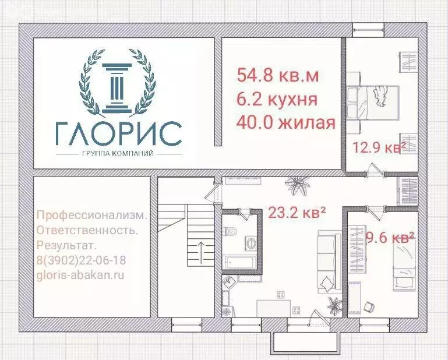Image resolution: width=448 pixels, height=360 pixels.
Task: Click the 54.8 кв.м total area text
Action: coord(278,75)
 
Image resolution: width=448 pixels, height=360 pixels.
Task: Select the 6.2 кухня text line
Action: coord(277,99)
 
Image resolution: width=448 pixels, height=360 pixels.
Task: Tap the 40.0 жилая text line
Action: coord(286,123)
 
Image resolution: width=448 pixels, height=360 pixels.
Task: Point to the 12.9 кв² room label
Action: coord(379,147)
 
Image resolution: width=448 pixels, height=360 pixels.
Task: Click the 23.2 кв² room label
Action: coord(297,213)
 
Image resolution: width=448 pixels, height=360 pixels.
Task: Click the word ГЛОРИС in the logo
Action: coord(119,135)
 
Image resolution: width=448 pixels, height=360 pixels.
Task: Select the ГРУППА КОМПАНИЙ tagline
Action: coord(118,153)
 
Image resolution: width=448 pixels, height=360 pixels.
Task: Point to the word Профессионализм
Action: coord(91,215)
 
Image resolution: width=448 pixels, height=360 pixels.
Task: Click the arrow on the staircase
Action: coord(200,251)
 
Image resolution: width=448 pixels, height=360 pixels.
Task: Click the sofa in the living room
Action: coord(328,260)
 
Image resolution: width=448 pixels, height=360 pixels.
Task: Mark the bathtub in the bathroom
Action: coord(238,262)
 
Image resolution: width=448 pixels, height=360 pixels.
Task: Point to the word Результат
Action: coord(66,246)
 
